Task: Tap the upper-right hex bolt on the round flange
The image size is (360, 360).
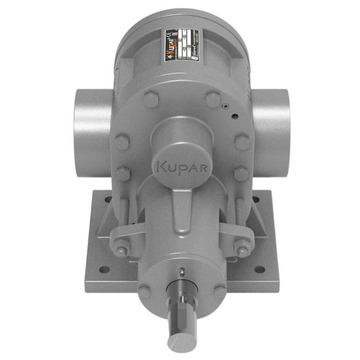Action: click(x=212, y=101)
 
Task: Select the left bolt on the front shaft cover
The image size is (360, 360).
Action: click(x=146, y=291)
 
